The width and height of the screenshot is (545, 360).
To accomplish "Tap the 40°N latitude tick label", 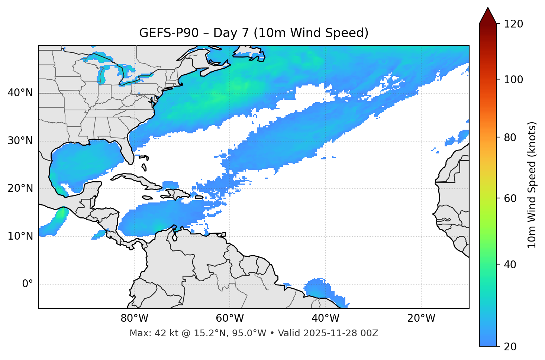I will click(20, 93).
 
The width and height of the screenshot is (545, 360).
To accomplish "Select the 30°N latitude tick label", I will click(20, 141).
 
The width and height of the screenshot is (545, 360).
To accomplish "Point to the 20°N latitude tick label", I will click(20, 188).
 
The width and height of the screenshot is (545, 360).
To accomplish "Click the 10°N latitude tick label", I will click(20, 236).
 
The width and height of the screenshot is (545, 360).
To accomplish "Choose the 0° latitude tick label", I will click(27, 284).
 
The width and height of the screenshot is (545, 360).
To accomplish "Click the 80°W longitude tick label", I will click(134, 318).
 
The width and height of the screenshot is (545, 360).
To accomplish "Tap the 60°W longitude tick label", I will click(230, 318).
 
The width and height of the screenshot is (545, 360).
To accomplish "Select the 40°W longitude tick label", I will click(325, 318).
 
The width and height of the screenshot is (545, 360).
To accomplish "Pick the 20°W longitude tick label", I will click(421, 318).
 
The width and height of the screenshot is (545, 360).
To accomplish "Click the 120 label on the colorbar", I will click(513, 24).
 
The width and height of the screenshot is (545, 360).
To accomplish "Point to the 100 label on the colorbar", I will click(513, 80).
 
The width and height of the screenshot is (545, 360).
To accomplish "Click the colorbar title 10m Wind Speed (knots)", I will click(532, 185).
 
